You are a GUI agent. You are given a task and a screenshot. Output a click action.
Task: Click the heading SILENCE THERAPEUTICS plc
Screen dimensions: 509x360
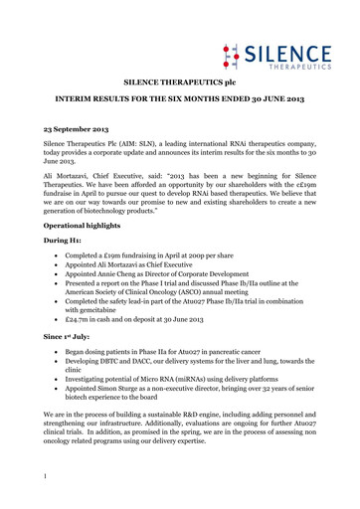click(x=179, y=87)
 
